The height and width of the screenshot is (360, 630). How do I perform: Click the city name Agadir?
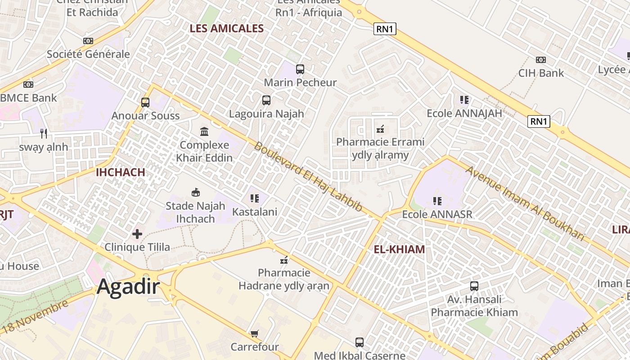(128, 286)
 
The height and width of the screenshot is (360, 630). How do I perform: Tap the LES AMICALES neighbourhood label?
(226, 28)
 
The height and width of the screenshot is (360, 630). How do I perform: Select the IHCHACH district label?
(120, 172)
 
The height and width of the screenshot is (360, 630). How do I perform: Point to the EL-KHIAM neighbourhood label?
(399, 249)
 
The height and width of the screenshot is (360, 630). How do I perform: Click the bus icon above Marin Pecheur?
(300, 69)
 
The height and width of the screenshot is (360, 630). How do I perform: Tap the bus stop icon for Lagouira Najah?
(266, 100)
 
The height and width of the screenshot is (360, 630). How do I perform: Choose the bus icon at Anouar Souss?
(145, 102)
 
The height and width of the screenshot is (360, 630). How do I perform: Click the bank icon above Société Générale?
(88, 41)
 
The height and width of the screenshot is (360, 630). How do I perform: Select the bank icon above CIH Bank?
(540, 60)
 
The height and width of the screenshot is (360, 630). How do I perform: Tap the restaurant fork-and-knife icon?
(44, 133)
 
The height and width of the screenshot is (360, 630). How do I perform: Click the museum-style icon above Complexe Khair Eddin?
(204, 131)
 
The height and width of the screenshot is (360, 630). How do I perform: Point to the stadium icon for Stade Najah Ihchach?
(195, 193)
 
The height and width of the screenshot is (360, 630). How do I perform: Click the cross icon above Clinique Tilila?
(137, 234)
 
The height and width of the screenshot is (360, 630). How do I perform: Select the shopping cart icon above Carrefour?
(255, 333)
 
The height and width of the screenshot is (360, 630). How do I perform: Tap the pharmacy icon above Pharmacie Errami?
(380, 129)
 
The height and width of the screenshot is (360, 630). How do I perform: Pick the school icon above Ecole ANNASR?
(437, 201)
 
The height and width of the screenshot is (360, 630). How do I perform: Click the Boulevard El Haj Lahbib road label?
(308, 177)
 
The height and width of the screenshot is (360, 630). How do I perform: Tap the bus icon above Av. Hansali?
(474, 286)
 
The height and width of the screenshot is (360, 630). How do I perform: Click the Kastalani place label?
(255, 211)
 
